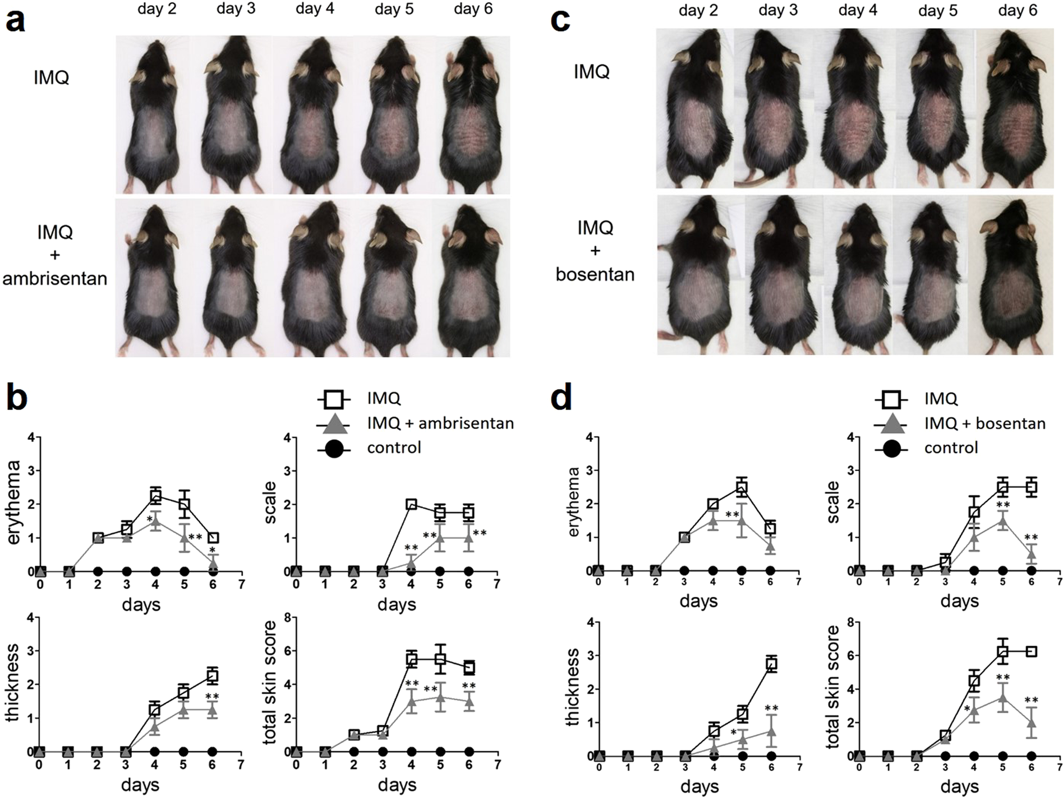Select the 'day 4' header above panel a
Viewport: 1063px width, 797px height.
tap(315, 9)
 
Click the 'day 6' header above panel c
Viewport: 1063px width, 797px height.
tap(1018, 10)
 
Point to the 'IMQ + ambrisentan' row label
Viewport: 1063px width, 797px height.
tap(54, 255)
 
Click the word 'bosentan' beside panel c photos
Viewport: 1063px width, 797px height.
tap(595, 274)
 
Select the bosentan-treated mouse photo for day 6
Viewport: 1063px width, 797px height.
tap(1016, 275)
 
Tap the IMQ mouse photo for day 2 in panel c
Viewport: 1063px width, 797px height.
tap(694, 109)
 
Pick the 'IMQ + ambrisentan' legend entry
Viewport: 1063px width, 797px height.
tap(440, 423)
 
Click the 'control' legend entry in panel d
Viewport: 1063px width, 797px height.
tap(951, 448)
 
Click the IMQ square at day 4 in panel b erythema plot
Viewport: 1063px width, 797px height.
tap(155, 496)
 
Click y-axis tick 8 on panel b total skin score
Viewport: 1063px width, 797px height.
tap(285, 618)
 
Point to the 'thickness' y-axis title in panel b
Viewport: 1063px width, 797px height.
tap(12, 682)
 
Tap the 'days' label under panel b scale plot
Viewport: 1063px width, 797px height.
tap(397, 605)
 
